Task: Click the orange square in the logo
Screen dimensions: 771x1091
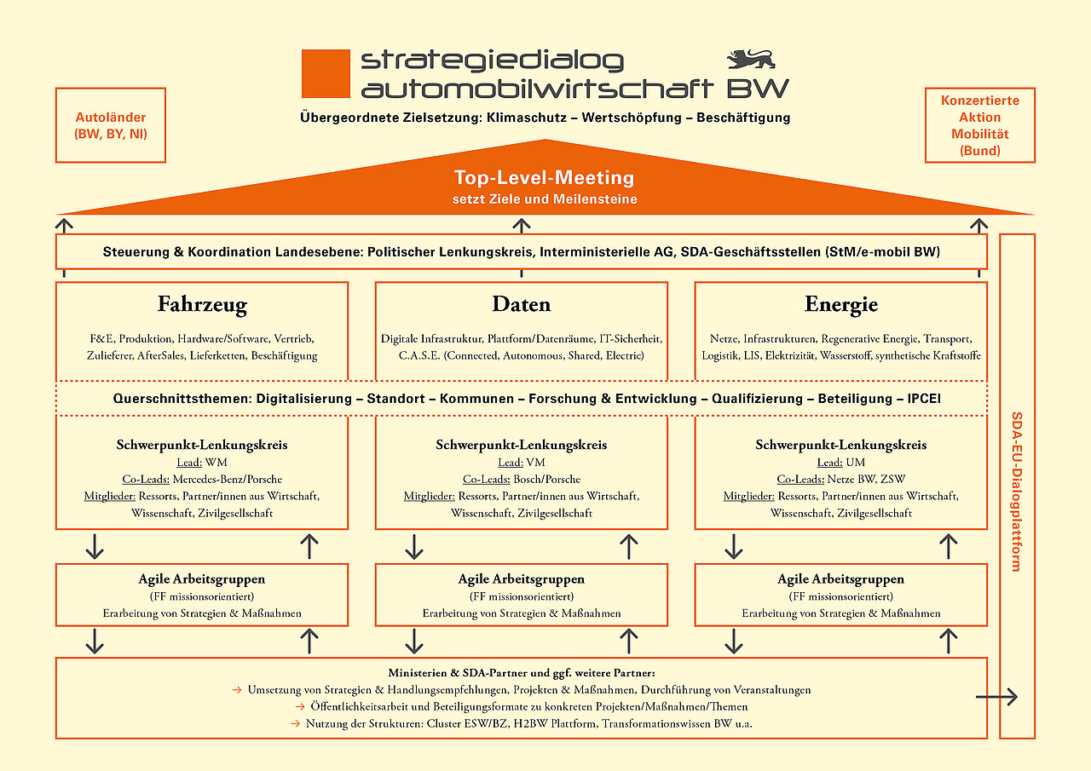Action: (x=326, y=73)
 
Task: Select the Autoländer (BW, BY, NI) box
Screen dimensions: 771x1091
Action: (x=111, y=125)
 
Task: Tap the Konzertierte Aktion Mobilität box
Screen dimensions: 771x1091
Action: (x=979, y=125)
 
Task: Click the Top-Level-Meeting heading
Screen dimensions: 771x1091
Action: (x=544, y=178)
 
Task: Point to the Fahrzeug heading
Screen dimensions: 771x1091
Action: (x=202, y=304)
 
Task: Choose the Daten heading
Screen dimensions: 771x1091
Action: (x=521, y=304)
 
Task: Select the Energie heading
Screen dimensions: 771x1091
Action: (x=840, y=304)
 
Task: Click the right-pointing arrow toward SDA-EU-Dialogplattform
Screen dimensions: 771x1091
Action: (x=996, y=698)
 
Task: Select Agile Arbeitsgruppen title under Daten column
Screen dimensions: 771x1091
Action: (x=521, y=579)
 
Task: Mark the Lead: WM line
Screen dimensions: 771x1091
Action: (x=201, y=463)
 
